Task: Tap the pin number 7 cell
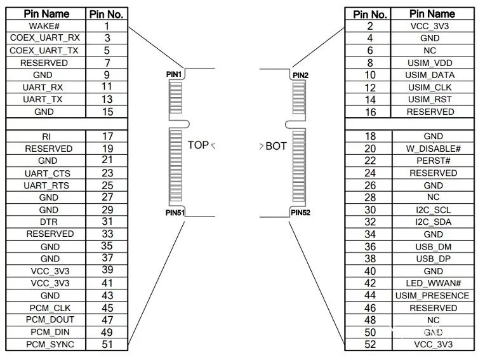107,63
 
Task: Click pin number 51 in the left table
107,344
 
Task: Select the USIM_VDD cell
432,63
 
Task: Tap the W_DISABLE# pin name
432,149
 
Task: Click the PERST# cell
432,161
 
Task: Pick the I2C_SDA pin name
432,222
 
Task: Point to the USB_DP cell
432,258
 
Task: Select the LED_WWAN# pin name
432,283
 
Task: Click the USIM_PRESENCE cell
432,295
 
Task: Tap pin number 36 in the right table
371,246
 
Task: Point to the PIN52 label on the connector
300,213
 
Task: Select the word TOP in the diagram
198,145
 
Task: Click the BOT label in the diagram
276,146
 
